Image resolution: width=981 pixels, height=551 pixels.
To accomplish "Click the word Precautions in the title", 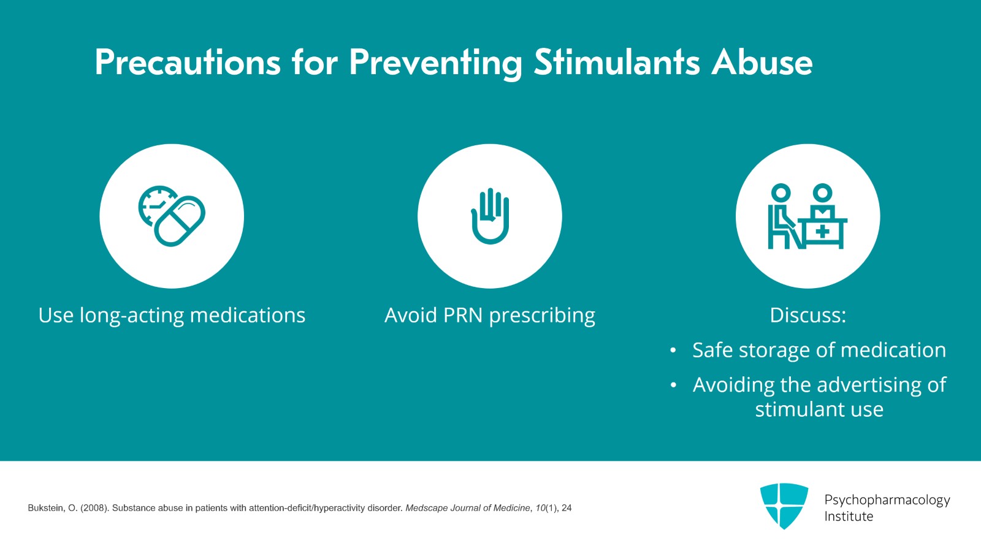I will tap(187, 63).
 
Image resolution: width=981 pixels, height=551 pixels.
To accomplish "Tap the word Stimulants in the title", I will tap(616, 63).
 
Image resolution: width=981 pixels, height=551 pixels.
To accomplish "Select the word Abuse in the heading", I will tap(762, 63).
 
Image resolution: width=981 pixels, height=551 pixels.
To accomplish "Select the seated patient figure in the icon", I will tap(782, 218).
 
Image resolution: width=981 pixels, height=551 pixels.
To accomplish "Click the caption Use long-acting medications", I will tap(172, 315).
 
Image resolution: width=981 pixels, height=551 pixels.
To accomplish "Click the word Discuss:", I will tap(807, 315).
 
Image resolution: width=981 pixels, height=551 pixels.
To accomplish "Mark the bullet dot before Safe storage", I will tap(673, 351).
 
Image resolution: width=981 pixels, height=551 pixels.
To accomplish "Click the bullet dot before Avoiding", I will tap(673, 386).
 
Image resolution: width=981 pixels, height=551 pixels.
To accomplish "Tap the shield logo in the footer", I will tap(784, 505).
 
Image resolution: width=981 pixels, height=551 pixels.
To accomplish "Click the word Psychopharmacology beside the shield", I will tap(887, 500).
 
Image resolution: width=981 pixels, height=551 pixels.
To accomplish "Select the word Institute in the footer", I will tap(848, 517).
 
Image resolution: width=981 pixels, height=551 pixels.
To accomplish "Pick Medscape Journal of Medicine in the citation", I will tap(467, 508).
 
